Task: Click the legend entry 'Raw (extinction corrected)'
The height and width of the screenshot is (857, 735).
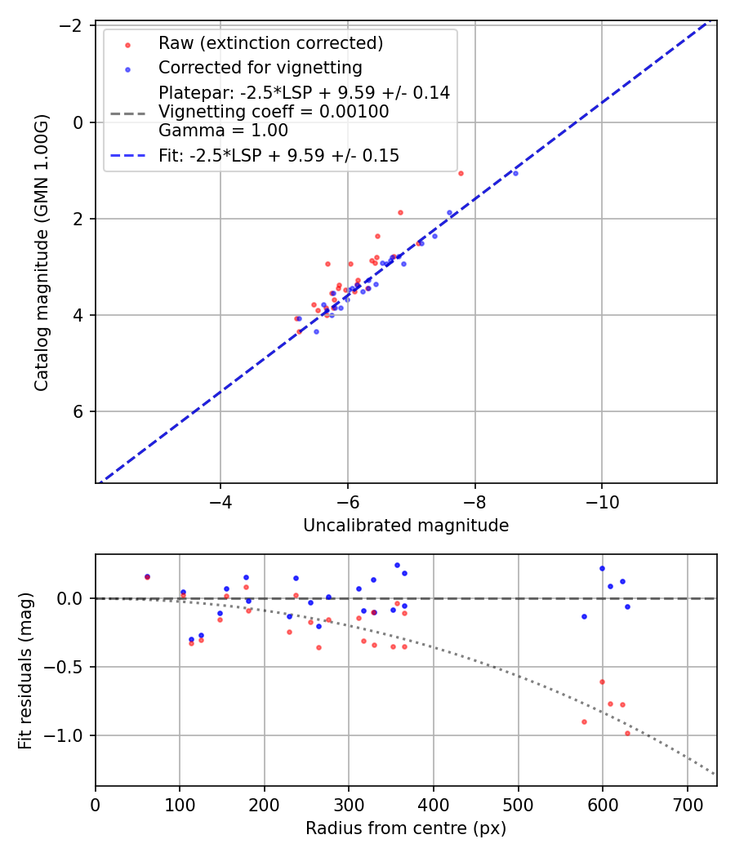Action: point(270,43)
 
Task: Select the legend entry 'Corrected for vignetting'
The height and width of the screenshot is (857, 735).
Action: point(260,67)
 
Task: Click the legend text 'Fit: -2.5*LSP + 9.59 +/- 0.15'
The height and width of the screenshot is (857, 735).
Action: point(278,155)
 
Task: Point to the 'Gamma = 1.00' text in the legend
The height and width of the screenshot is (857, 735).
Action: point(223,131)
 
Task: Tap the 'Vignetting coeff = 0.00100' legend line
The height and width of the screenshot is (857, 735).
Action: point(274,111)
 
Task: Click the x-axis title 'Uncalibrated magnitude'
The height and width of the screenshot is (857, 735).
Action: point(406,526)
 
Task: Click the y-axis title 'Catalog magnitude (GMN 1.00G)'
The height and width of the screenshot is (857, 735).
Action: point(42,252)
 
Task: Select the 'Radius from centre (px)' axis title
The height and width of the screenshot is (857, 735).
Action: point(406,828)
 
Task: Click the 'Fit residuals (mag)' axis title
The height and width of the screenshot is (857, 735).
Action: point(25,669)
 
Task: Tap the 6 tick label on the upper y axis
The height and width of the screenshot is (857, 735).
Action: point(78,411)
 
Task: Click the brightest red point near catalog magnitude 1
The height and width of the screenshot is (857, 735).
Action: point(461,173)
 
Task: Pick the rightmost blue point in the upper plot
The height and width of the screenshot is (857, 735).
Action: point(515,173)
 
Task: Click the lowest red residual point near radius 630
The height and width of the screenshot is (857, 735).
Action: point(627,733)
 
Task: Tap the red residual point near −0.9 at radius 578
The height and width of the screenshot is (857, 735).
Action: point(584,722)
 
